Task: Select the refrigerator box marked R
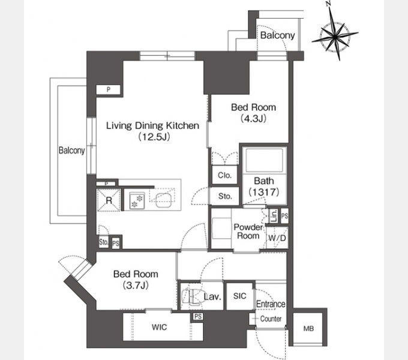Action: coord(109,200)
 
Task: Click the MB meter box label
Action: coord(308,329)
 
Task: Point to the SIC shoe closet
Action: coord(239,296)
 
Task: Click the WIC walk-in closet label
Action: coord(159,327)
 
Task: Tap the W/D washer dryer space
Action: coord(277,238)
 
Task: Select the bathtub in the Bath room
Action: coord(264,160)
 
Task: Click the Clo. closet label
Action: coord(224,175)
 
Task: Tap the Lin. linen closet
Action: coord(274,215)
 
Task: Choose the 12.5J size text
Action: coord(154,136)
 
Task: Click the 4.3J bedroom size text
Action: coord(253,118)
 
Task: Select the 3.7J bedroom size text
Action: coord(136,286)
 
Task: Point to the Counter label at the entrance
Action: coord(271,319)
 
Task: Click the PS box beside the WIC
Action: coord(198,317)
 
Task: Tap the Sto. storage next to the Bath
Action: coord(224,196)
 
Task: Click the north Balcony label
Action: coord(277,35)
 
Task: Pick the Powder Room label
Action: coord(248,231)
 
